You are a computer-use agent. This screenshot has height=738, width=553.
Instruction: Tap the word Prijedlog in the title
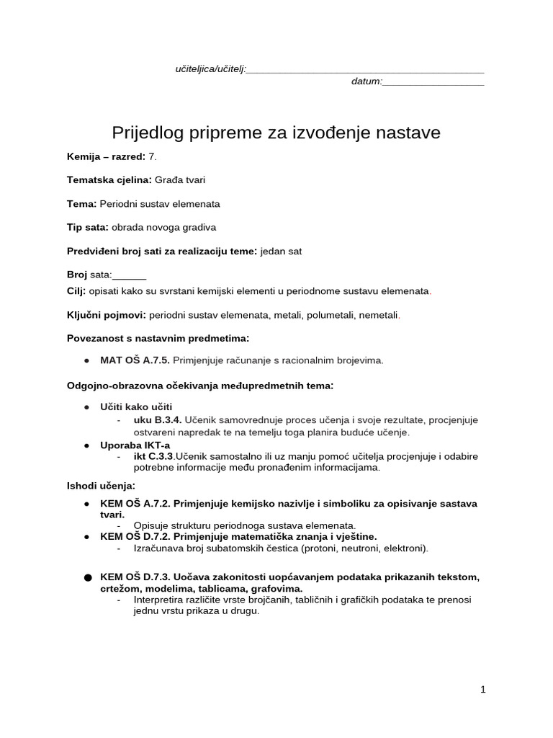pyautogui.click(x=147, y=133)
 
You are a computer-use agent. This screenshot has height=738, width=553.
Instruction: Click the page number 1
pyautogui.click(x=483, y=690)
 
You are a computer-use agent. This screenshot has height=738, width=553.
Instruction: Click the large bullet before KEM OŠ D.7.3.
pyautogui.click(x=87, y=578)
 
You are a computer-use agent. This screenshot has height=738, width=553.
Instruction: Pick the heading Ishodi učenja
pyautogui.click(x=101, y=486)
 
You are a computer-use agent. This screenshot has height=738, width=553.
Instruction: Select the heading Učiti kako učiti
pyautogui.click(x=136, y=407)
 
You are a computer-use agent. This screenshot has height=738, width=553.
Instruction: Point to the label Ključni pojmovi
pyautogui.click(x=107, y=315)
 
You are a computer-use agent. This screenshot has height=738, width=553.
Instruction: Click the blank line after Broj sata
pyautogui.click(x=130, y=275)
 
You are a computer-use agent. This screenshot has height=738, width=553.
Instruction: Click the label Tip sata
pyautogui.click(x=88, y=228)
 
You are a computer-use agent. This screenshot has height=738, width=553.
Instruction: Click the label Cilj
pyautogui.click(x=76, y=291)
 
